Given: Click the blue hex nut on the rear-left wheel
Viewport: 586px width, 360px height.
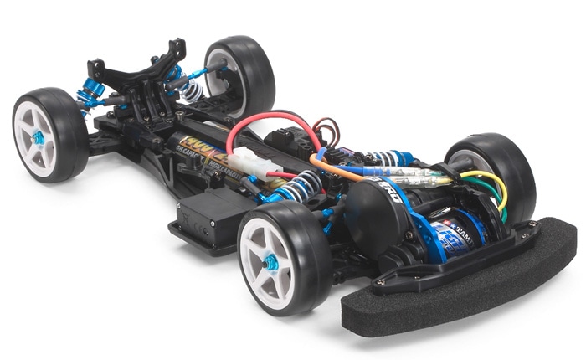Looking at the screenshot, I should coord(38,137).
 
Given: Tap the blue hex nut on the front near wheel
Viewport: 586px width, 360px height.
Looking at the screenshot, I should coord(270,263).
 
